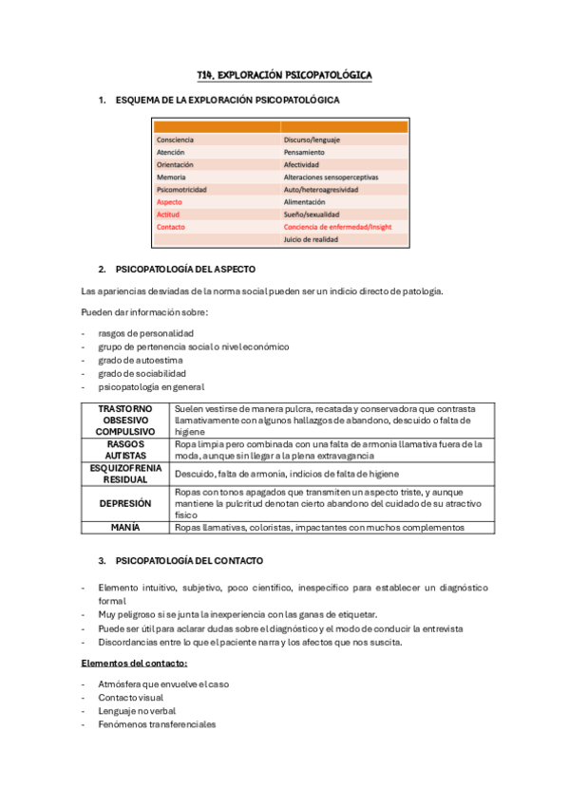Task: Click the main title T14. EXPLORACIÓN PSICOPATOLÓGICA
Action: point(285,74)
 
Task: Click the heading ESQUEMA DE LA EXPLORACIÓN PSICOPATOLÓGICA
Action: point(228,99)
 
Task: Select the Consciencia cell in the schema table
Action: point(176,140)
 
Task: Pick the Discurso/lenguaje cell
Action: point(312,140)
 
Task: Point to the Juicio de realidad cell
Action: point(311,239)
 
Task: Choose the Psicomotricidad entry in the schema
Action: point(182,189)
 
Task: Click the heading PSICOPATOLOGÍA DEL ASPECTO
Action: point(184,270)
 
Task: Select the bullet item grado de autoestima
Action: point(139,360)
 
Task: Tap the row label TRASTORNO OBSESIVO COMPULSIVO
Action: point(125,420)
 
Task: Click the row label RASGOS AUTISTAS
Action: point(125,450)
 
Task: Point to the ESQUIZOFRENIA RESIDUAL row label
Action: point(125,474)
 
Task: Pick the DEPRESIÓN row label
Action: point(125,503)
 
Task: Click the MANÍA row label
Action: point(125,527)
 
